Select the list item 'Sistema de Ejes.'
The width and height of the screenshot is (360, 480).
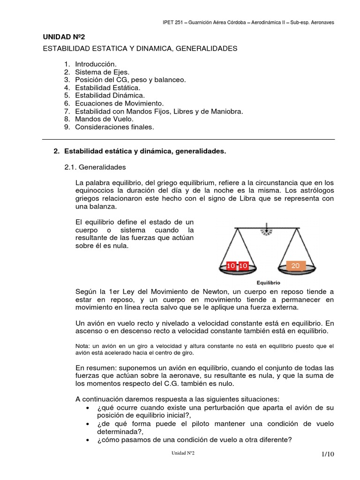coord(102,72)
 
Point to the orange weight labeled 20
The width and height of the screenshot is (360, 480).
coord(295,266)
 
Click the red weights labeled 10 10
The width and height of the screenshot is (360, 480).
coord(237,266)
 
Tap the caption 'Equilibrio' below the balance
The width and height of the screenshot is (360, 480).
coord(268,283)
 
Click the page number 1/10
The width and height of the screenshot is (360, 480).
coord(328,454)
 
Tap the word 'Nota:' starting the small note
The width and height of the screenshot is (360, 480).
coord(82,346)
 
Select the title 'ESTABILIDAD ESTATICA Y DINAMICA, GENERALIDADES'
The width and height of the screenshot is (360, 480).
coord(140,49)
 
